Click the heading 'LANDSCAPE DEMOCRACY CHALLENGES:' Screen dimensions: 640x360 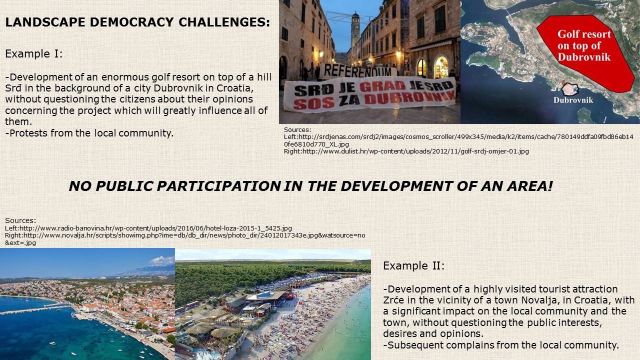tap(137, 22)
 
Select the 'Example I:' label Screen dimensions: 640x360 tap(33, 53)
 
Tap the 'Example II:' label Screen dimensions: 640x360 tap(413, 265)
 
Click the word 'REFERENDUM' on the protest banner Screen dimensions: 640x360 tap(357, 70)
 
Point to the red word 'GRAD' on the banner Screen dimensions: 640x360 tap(382, 86)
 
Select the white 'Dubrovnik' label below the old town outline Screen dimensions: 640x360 tap(573, 100)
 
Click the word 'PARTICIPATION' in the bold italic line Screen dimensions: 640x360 tap(218, 186)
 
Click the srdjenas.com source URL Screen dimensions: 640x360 tap(458, 140)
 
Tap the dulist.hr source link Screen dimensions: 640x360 tap(406, 151)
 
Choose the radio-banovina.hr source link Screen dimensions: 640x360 tap(148, 228)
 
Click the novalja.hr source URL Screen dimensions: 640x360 tap(185, 239)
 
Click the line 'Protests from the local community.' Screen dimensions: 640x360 tap(89, 133)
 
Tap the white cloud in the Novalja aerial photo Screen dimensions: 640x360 tap(162, 260)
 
